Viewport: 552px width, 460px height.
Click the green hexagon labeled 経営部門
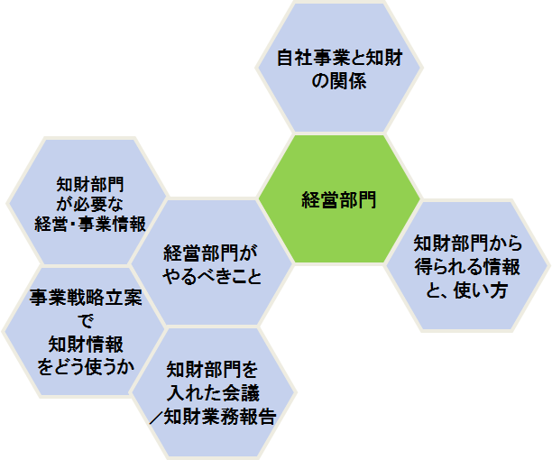click(x=339, y=199)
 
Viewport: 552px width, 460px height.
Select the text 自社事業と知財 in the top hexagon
click(x=340, y=58)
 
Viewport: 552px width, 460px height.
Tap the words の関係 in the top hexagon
click(x=339, y=81)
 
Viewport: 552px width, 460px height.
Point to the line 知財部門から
click(x=468, y=244)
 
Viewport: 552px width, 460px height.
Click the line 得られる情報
click(x=467, y=267)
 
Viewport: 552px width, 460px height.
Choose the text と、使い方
click(x=466, y=290)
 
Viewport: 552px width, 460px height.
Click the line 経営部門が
click(x=210, y=253)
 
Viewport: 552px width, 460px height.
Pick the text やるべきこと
click(x=212, y=277)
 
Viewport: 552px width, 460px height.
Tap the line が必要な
click(x=90, y=204)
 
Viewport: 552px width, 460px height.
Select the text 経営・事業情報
click(x=90, y=224)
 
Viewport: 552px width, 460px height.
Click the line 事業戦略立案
click(x=86, y=298)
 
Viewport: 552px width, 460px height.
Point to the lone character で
click(x=86, y=321)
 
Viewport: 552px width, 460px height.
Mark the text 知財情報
click(x=86, y=345)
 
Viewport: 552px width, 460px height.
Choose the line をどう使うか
click(x=86, y=367)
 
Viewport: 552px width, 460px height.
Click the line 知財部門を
click(x=212, y=370)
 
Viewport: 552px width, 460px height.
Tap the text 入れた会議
click(x=213, y=393)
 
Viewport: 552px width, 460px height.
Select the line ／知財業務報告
click(x=212, y=417)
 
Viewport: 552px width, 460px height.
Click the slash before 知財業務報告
click(x=156, y=417)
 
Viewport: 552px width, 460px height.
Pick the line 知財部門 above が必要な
click(x=90, y=184)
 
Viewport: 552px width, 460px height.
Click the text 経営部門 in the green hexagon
click(x=339, y=200)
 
